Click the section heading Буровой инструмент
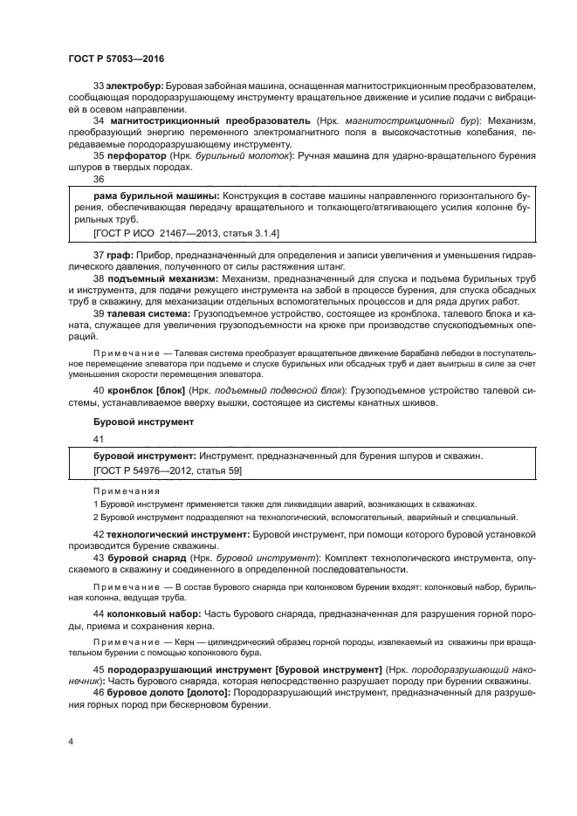[x=130, y=422]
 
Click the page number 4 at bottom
[x=70, y=741]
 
